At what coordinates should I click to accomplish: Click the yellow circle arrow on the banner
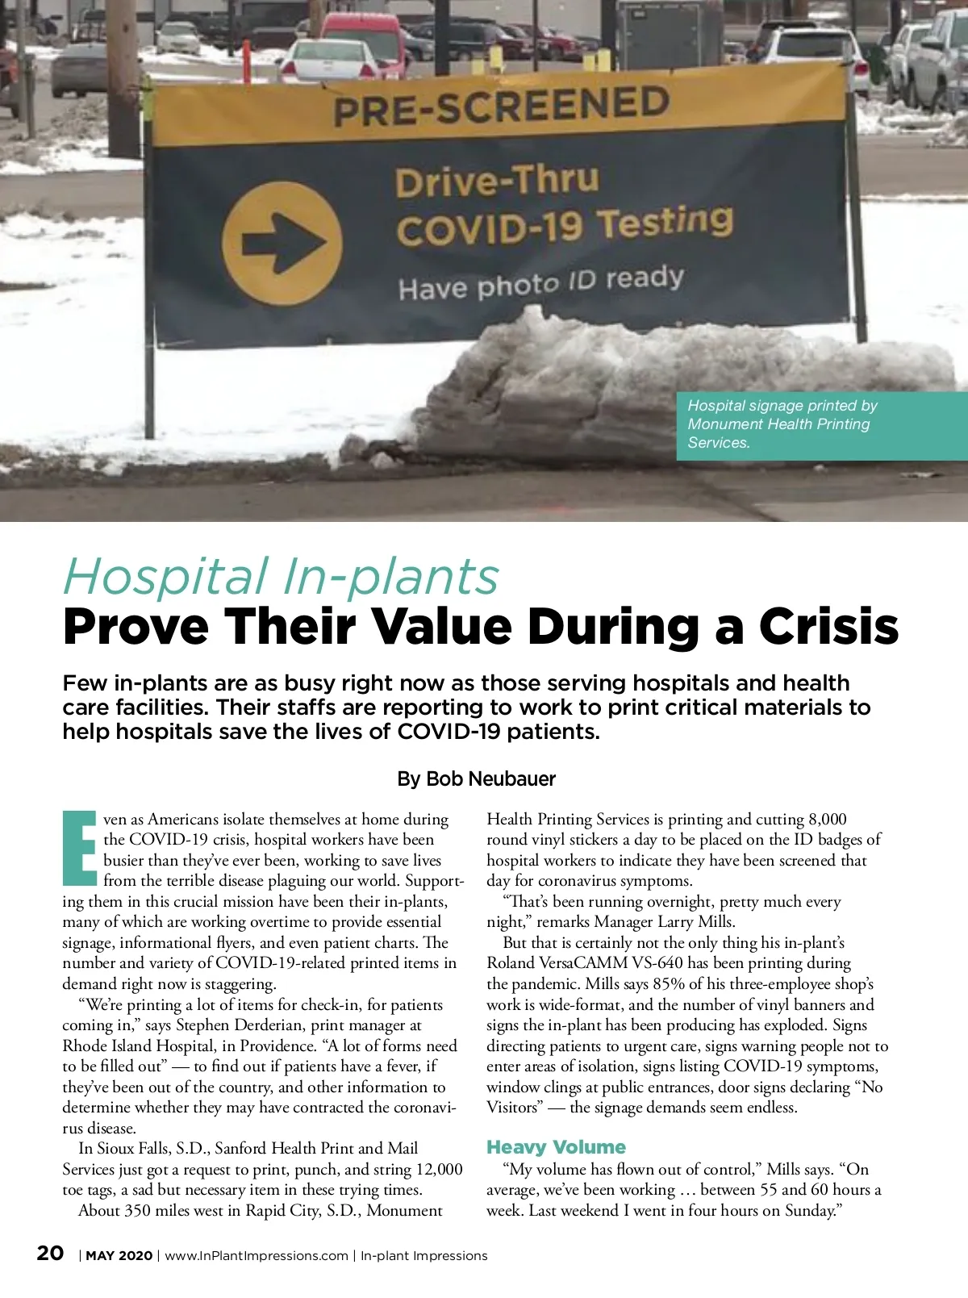(282, 242)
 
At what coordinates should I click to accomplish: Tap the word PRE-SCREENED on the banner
(501, 106)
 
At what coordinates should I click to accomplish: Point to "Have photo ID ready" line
(540, 282)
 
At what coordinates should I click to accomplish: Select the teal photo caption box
(820, 425)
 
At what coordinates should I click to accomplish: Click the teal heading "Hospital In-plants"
(281, 577)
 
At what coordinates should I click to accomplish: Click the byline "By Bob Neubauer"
(476, 779)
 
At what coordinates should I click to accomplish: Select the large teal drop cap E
(80, 847)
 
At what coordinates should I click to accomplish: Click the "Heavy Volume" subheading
(556, 1147)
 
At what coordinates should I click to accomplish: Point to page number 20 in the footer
(50, 1253)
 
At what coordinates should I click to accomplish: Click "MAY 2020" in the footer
(119, 1256)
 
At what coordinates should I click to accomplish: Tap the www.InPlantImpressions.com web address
(257, 1256)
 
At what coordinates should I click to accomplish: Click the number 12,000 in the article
(439, 1170)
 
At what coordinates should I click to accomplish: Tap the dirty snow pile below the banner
(645, 379)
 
